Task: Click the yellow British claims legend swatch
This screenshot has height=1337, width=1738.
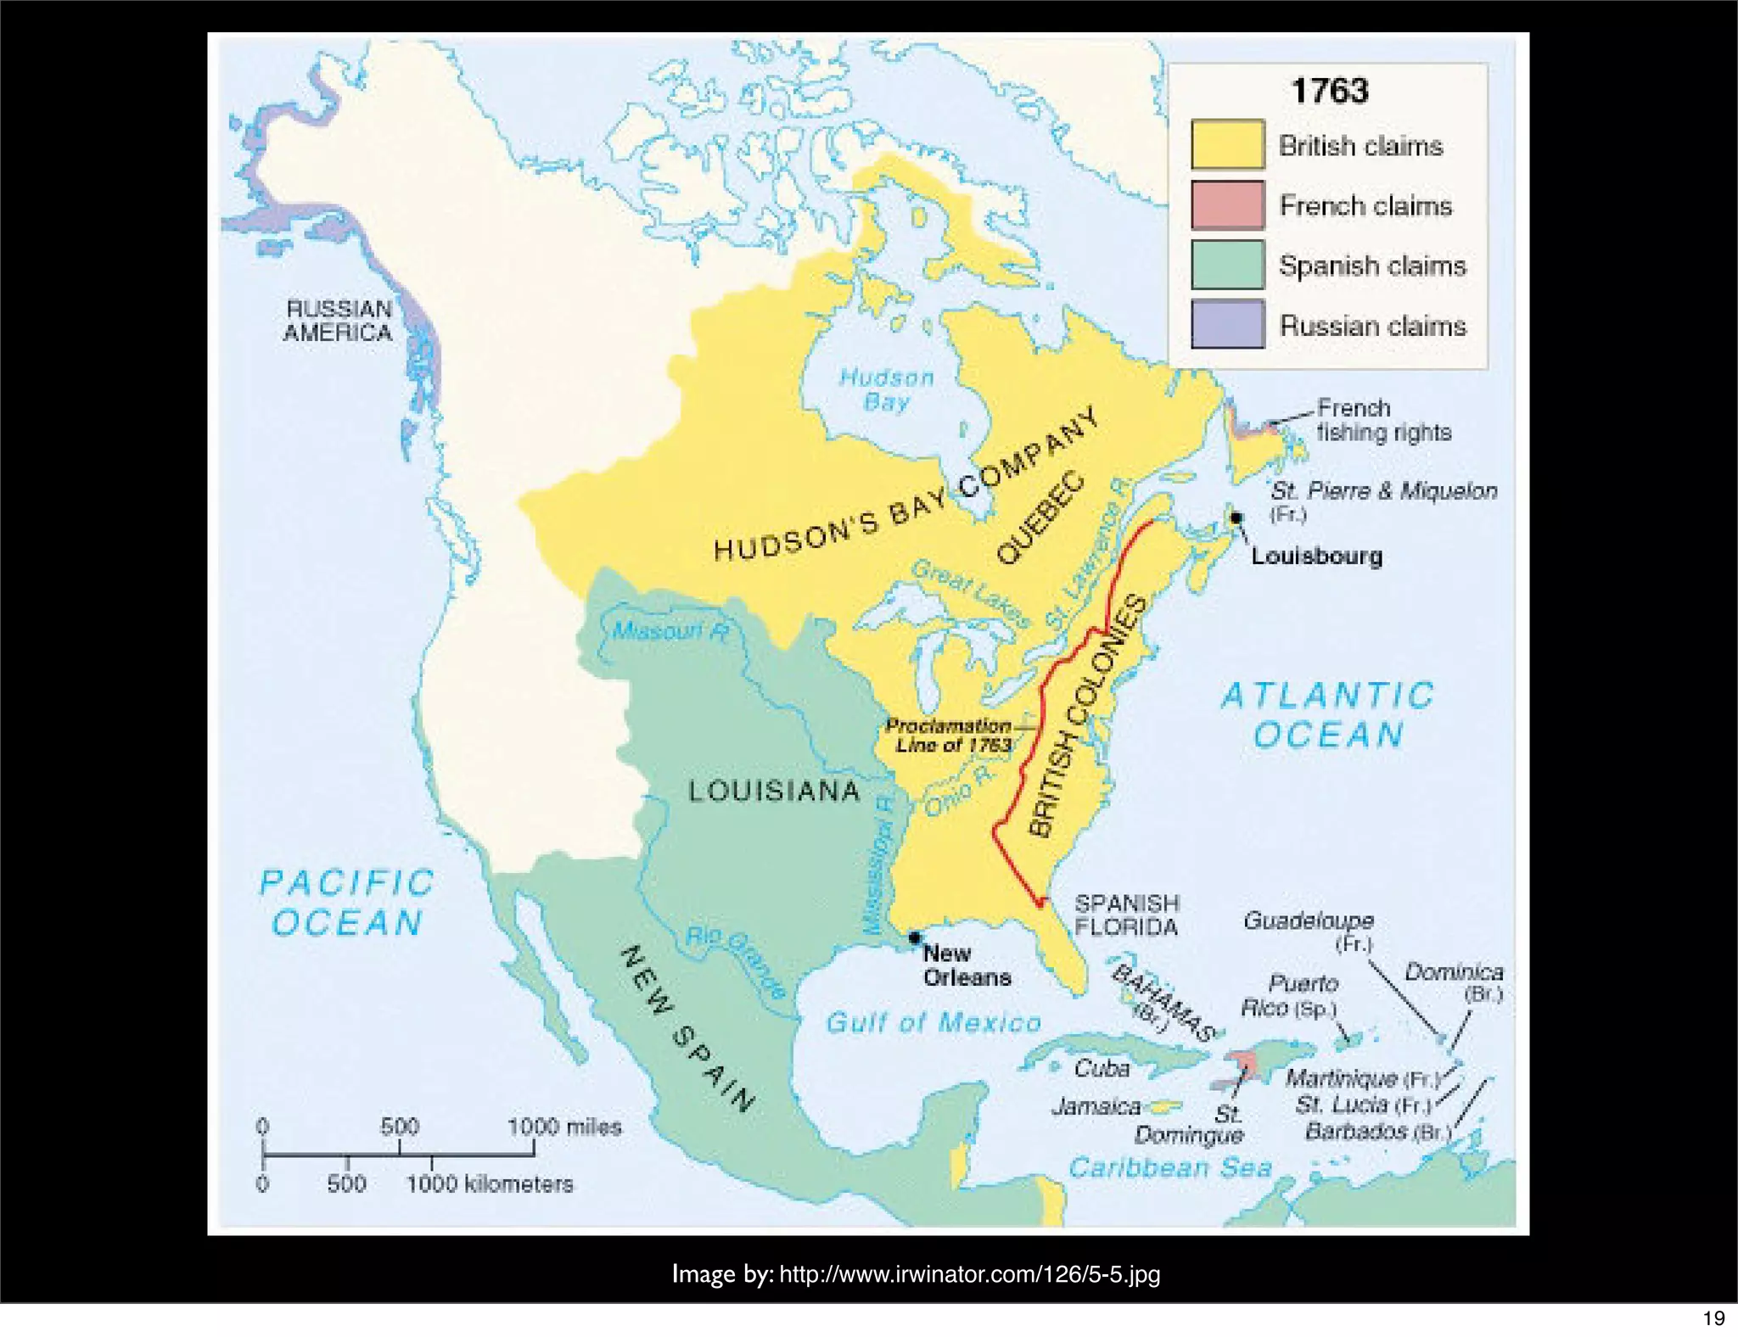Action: pyautogui.click(x=1227, y=144)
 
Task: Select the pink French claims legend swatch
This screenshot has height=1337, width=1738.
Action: pyautogui.click(x=1227, y=204)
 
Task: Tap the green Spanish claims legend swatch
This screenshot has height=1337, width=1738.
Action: pyautogui.click(x=1227, y=265)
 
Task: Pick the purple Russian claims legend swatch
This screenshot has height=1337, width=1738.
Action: pyautogui.click(x=1227, y=324)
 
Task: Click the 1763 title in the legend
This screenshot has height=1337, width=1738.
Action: pyautogui.click(x=1329, y=91)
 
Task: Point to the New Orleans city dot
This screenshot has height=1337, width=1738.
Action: pyautogui.click(x=914, y=937)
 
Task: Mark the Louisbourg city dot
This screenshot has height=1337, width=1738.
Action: pyautogui.click(x=1236, y=517)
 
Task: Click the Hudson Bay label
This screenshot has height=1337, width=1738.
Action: pyautogui.click(x=887, y=389)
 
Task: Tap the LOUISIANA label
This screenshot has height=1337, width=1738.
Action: pyautogui.click(x=774, y=792)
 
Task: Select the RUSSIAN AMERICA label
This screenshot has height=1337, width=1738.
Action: pyautogui.click(x=338, y=321)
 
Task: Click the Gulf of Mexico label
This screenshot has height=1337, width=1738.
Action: pyautogui.click(x=933, y=1022)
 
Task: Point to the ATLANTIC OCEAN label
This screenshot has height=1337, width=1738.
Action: pyautogui.click(x=1328, y=715)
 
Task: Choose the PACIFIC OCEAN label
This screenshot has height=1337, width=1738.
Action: pyautogui.click(x=347, y=903)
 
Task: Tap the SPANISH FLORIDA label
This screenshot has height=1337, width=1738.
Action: pyautogui.click(x=1126, y=915)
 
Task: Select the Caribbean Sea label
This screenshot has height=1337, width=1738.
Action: pyautogui.click(x=1170, y=1168)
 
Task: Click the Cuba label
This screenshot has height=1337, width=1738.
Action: pyautogui.click(x=1102, y=1069)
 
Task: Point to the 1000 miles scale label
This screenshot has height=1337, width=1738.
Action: pyautogui.click(x=564, y=1127)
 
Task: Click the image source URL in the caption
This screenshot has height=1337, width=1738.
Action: pyautogui.click(x=969, y=1274)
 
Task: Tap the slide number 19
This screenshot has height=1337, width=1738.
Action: pyautogui.click(x=1713, y=1318)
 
